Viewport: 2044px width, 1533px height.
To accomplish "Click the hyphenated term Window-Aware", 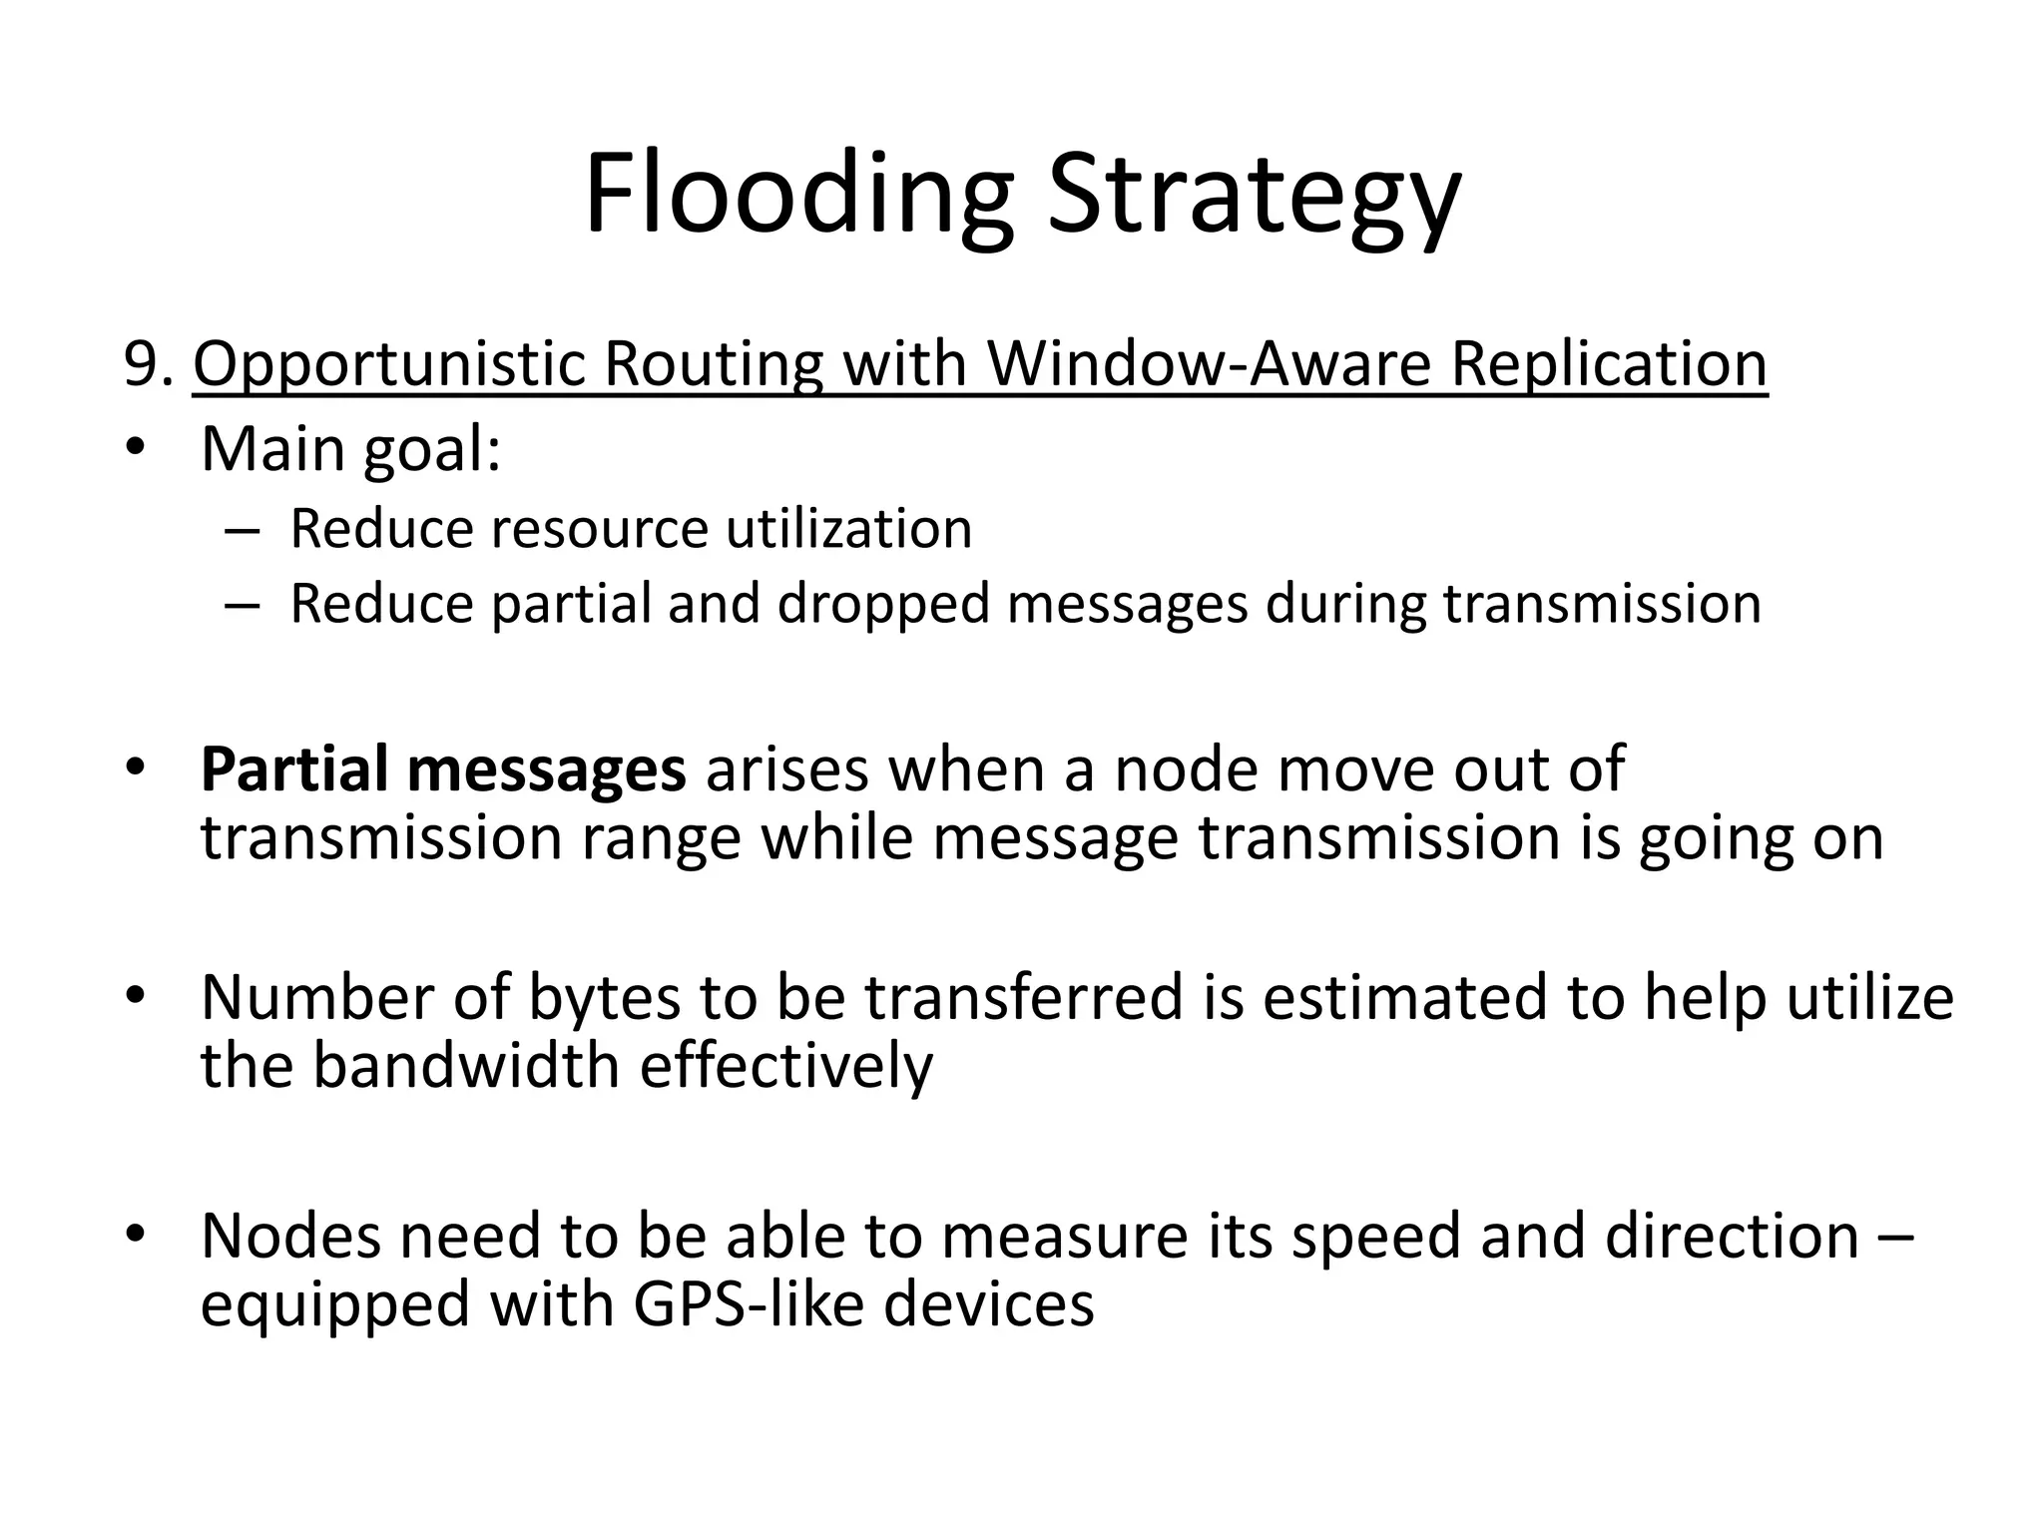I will pos(1210,364).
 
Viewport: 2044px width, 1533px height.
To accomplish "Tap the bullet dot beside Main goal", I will pos(136,448).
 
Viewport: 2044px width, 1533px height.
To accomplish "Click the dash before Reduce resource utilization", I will pos(242,529).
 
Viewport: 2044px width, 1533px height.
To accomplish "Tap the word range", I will pos(661,838).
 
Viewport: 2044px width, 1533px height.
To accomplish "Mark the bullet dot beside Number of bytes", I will pos(136,996).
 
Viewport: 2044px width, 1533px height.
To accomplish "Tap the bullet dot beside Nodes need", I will pos(136,1236).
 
